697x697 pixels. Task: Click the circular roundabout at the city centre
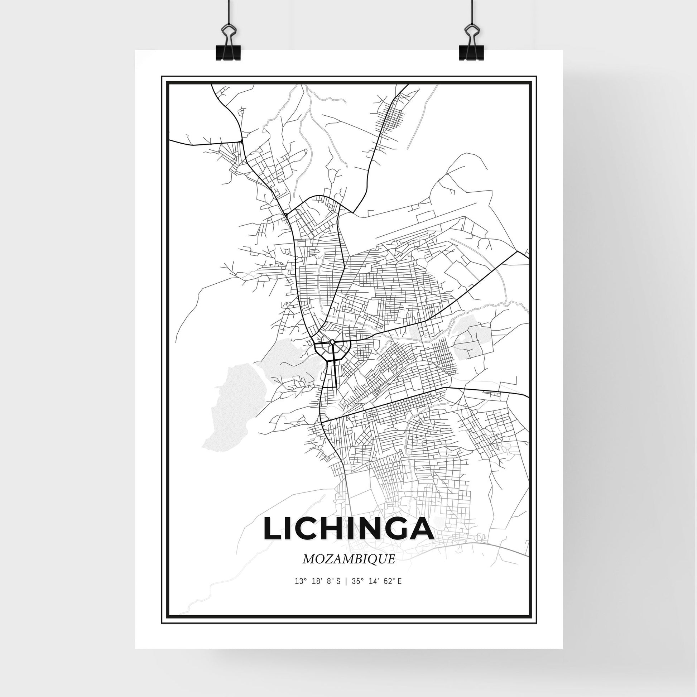[x=332, y=341]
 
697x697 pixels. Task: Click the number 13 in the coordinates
[x=298, y=592]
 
